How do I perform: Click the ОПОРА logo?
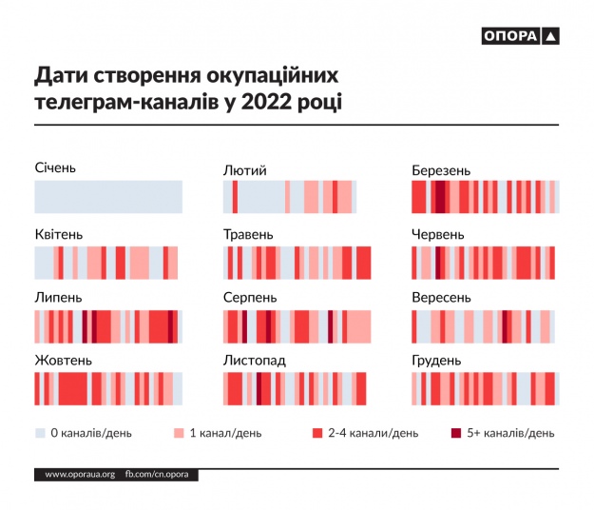coord(521,37)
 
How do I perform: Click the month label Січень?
coord(55,168)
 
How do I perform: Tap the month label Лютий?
coord(244,170)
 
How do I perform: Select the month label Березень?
coord(441,170)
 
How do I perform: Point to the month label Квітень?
coord(59,234)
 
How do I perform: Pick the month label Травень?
coord(248,234)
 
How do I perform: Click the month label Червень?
coord(438,234)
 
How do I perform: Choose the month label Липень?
coord(59,298)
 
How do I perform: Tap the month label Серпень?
coord(250,298)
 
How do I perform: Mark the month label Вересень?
coord(442,298)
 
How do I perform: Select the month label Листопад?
coord(255,362)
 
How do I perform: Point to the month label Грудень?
coord(437,362)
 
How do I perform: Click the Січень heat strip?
coord(108,197)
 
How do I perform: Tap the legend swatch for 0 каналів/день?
coord(40,433)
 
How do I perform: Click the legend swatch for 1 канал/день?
coord(178,433)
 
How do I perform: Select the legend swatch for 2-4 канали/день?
coord(317,433)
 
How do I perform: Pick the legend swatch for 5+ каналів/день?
coord(456,433)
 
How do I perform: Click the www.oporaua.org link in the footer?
coord(80,474)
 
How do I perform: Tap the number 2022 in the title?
coord(273,101)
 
